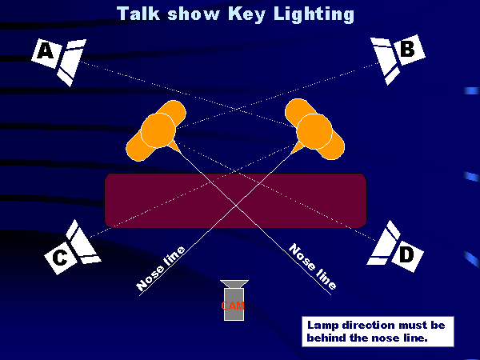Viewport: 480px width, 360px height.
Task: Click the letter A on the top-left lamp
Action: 46,52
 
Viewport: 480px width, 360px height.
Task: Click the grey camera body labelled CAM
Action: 234,305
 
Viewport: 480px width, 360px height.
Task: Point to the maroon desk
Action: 235,199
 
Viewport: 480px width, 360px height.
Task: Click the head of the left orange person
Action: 158,130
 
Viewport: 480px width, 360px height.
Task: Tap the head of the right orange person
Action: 314,130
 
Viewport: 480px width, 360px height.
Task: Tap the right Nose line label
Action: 312,266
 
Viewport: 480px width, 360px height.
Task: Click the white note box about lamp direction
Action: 378,331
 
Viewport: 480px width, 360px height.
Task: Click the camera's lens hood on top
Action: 234,285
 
